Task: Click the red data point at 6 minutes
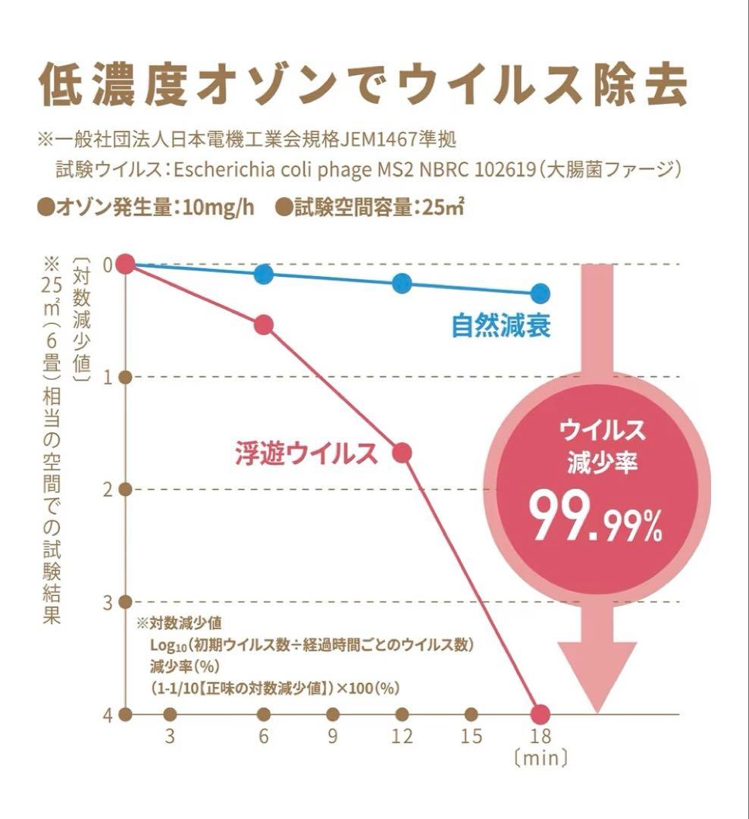tap(263, 325)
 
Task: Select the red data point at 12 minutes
tap(402, 453)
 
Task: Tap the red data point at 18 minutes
tap(540, 714)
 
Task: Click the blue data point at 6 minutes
tap(263, 274)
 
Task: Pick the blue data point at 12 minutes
tap(402, 284)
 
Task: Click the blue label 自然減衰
tap(500, 326)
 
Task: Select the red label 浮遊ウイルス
tap(305, 453)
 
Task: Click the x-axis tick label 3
tap(170, 737)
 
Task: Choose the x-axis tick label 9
tap(332, 737)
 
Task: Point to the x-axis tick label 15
tap(471, 737)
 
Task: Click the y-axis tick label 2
tap(107, 490)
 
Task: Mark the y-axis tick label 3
tap(107, 602)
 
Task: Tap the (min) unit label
tap(541, 758)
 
